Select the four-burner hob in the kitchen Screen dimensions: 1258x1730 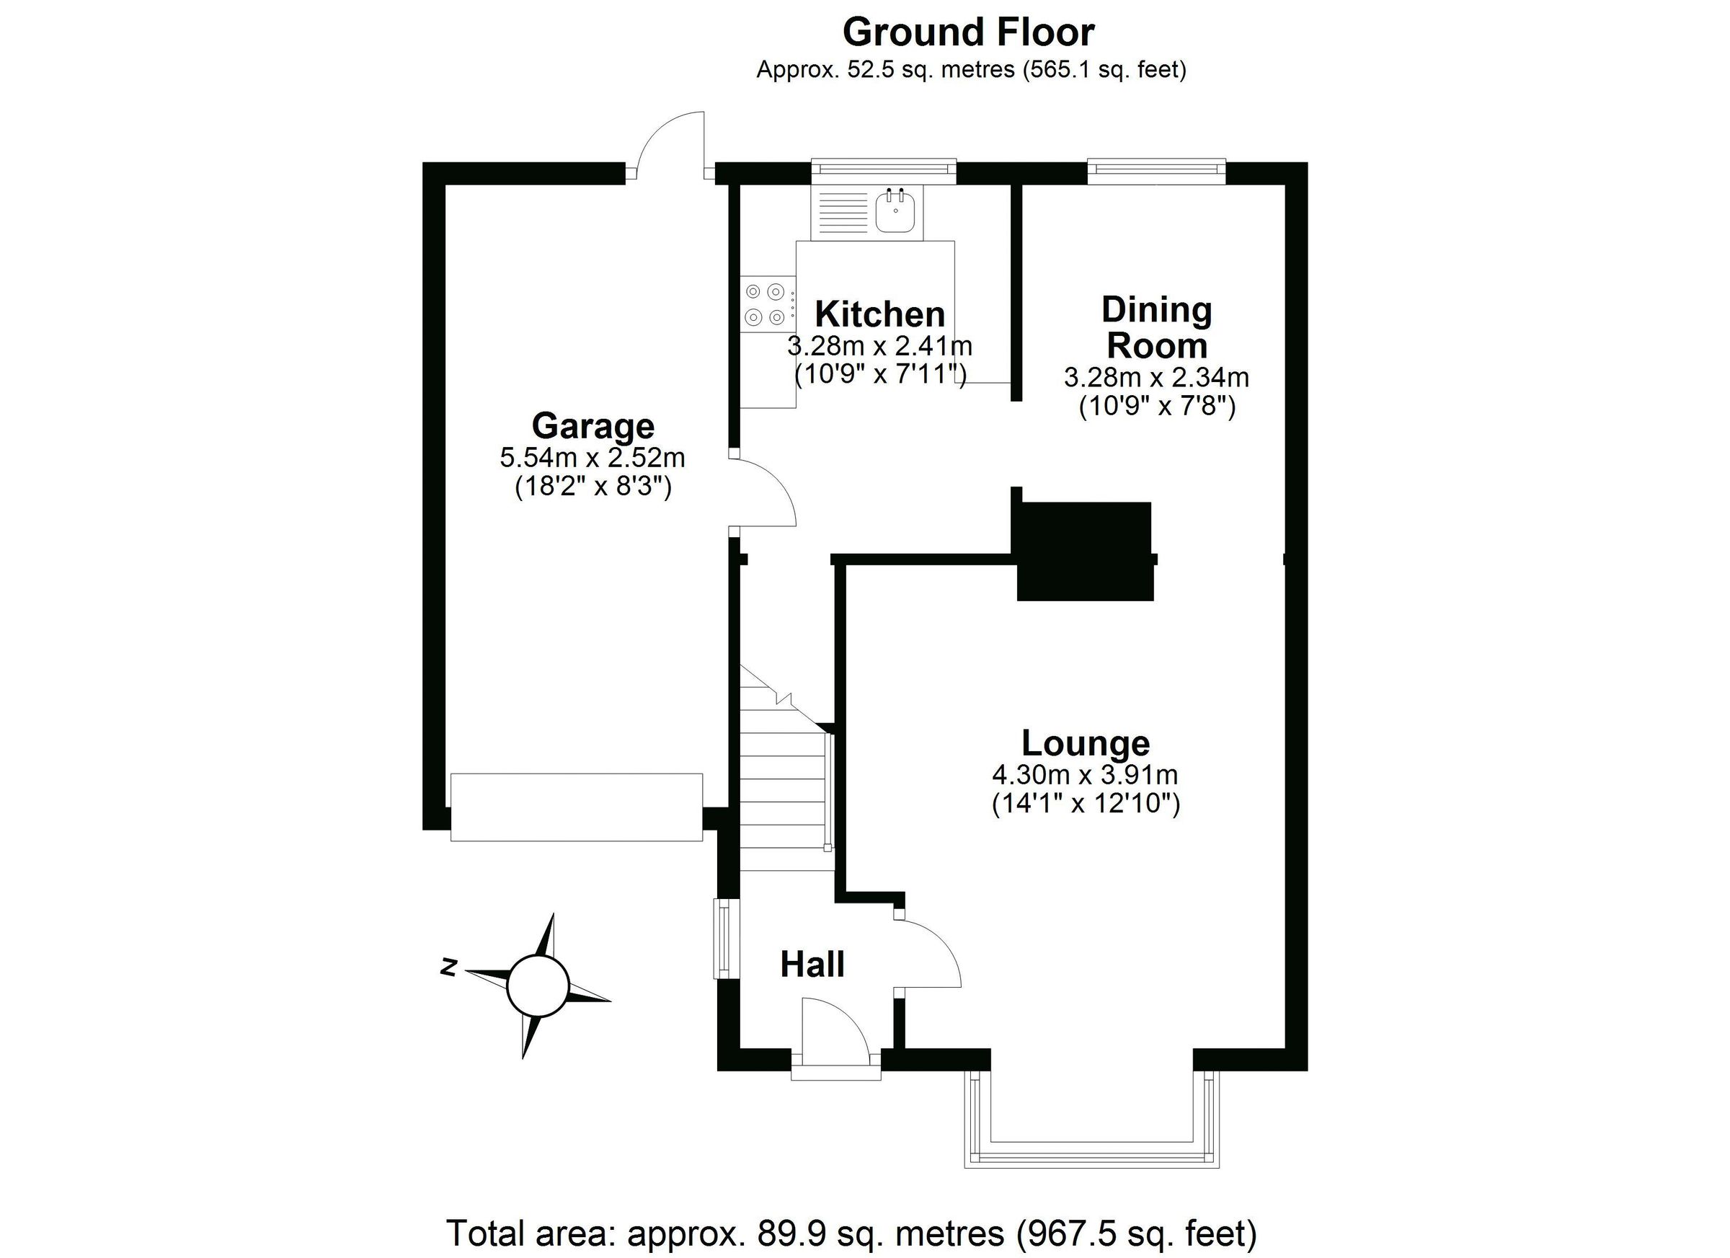click(766, 304)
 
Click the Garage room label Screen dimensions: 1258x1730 click(593, 425)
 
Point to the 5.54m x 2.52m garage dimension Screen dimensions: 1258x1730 click(593, 458)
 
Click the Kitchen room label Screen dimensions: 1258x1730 click(879, 314)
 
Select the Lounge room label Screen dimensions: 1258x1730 click(1086, 743)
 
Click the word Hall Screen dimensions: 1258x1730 click(812, 965)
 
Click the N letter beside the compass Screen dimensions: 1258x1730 click(448, 967)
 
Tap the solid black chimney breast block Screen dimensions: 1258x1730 click(1084, 551)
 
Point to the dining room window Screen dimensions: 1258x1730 click(1155, 172)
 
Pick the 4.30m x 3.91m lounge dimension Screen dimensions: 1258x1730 click(1085, 775)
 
